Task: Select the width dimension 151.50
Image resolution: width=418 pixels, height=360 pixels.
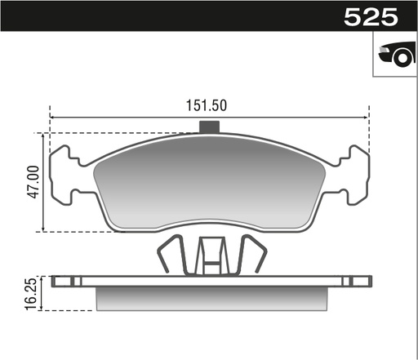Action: [207, 104]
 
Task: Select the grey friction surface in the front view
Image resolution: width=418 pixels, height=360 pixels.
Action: [209, 184]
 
